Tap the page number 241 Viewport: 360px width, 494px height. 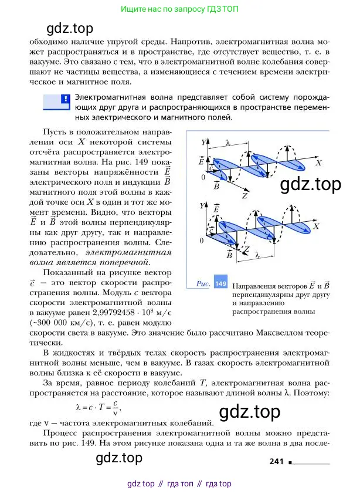[x=277, y=462]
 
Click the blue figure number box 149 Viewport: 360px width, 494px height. [x=220, y=283]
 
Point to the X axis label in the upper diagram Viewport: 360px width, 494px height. [x=318, y=165]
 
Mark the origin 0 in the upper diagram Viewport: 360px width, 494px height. [x=203, y=177]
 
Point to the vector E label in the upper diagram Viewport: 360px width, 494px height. [x=202, y=160]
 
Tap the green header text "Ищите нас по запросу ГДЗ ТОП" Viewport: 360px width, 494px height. [x=179, y=10]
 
